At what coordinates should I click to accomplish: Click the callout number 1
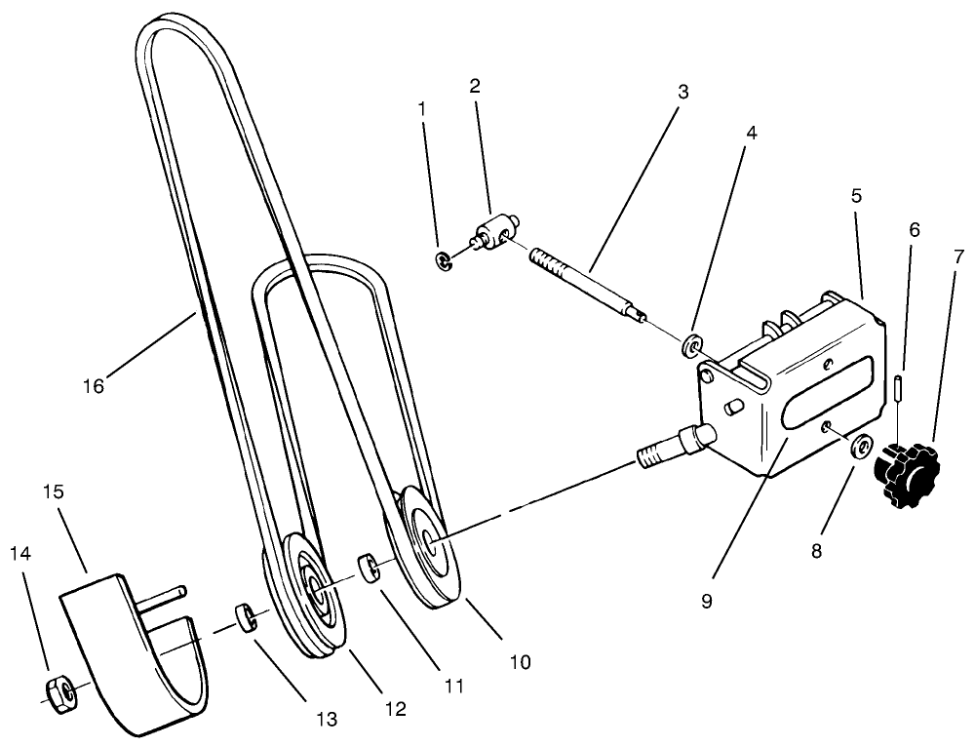[x=422, y=109]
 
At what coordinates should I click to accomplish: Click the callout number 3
[x=682, y=93]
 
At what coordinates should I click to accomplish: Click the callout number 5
[x=856, y=195]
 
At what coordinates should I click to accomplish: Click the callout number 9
[x=706, y=601]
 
